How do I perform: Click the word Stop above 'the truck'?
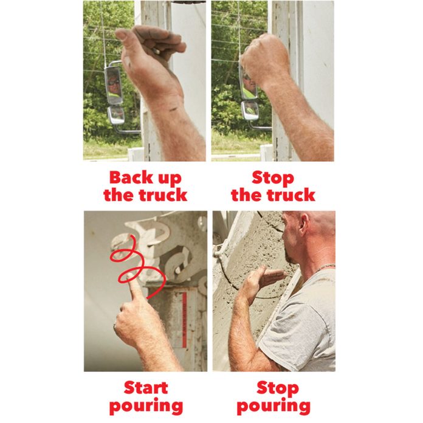coord(272,178)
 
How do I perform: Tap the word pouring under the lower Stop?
coord(273,405)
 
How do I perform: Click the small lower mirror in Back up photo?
coord(115,114)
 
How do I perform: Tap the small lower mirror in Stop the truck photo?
coord(249,110)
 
